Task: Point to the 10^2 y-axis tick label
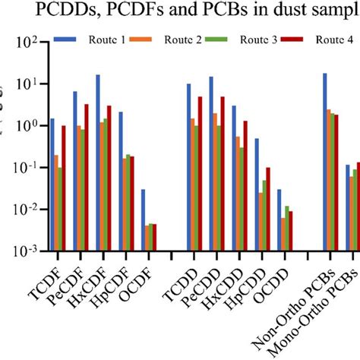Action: (x=25, y=43)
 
